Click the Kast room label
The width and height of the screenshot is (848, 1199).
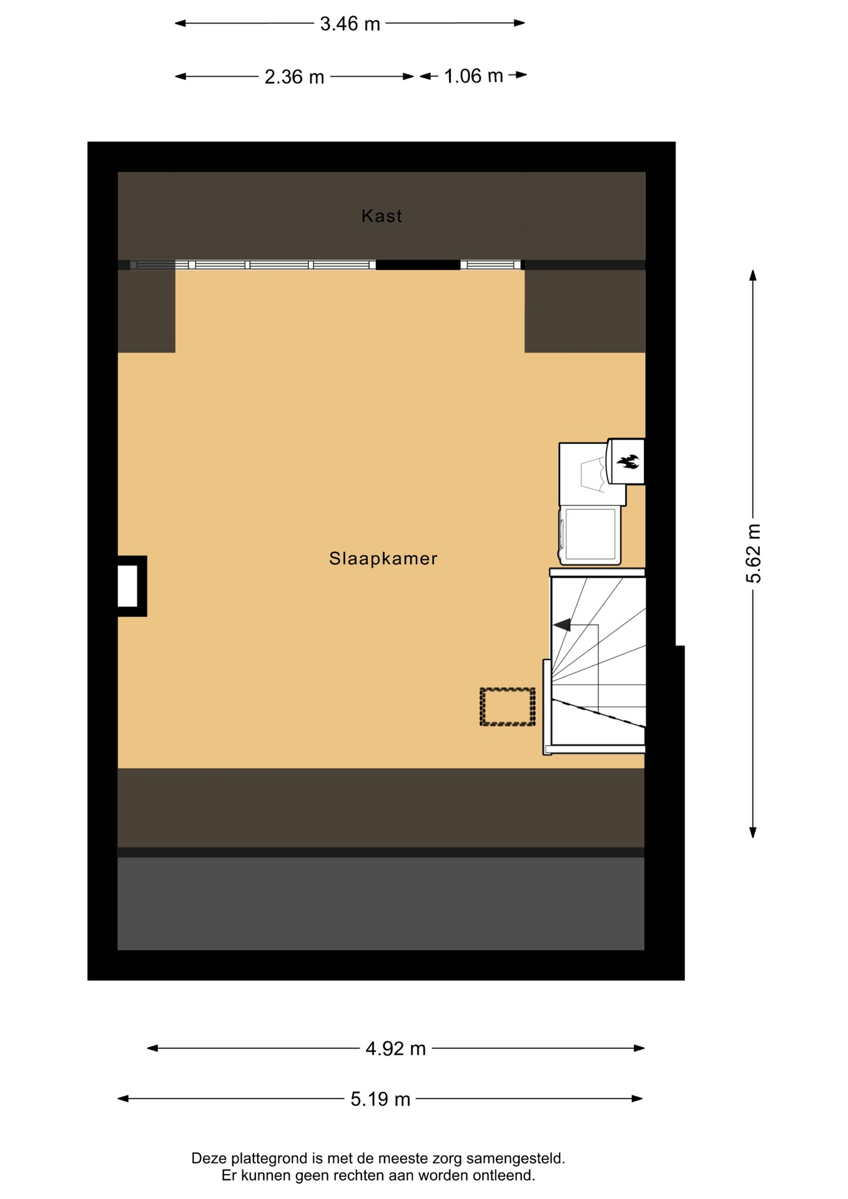click(382, 216)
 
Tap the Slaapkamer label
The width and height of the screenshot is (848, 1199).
click(383, 558)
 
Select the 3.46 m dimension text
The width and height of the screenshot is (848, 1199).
click(350, 24)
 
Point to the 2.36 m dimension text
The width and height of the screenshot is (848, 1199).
click(294, 77)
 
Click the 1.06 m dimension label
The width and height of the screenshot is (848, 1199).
click(473, 76)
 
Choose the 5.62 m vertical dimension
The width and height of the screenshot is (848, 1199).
click(754, 554)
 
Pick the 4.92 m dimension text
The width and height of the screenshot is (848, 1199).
click(396, 1049)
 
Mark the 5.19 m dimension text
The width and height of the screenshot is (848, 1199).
click(380, 1099)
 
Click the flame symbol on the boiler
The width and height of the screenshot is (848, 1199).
click(628, 461)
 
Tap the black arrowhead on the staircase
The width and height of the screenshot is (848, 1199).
click(561, 624)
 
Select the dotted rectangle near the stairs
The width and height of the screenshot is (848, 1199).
click(508, 707)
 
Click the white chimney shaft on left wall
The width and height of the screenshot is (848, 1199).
click(127, 586)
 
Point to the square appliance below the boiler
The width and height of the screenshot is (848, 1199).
click(590, 535)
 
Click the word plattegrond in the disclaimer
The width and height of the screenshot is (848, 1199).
click(270, 1158)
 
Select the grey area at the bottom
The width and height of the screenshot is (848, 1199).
click(381, 904)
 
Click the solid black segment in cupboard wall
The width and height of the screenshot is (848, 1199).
click(418, 265)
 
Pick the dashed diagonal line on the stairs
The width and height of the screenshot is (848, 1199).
click(598, 713)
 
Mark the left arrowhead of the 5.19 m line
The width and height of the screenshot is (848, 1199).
click(123, 1098)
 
